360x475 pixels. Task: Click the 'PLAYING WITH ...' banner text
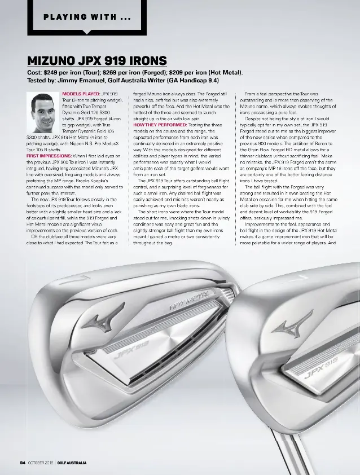[87, 16]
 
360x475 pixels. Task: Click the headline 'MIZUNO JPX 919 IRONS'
[96, 60]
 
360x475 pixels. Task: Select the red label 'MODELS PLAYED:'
[81, 93]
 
